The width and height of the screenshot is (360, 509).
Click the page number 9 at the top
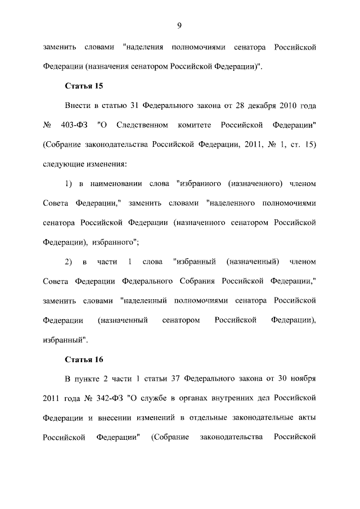pos(179,25)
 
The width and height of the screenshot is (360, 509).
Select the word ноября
pos(300,379)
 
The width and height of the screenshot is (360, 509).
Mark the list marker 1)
pos(69,183)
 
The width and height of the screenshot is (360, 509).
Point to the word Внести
pos(78,105)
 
